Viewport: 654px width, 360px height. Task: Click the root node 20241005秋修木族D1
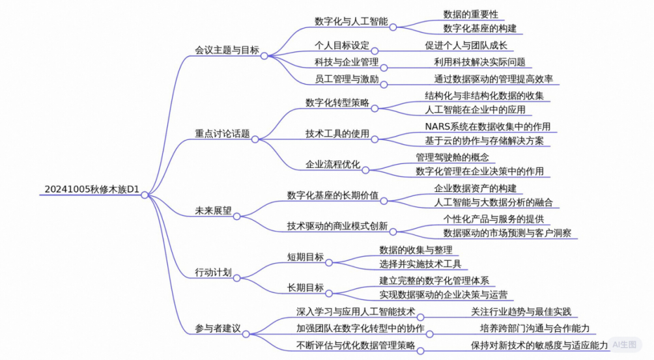point(92,189)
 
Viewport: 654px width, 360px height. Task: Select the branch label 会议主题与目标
point(227,49)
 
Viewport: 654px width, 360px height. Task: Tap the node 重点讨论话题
point(222,133)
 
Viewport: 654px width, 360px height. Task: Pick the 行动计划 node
point(213,272)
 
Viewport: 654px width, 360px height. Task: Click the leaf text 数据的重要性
point(470,14)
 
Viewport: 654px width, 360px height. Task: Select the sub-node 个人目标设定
point(341,46)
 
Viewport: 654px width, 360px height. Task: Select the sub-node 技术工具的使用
point(337,133)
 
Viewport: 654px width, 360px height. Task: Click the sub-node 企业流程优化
point(333,164)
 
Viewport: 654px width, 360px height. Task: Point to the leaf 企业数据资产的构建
point(475,187)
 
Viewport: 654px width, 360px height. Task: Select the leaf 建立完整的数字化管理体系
point(434,281)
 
